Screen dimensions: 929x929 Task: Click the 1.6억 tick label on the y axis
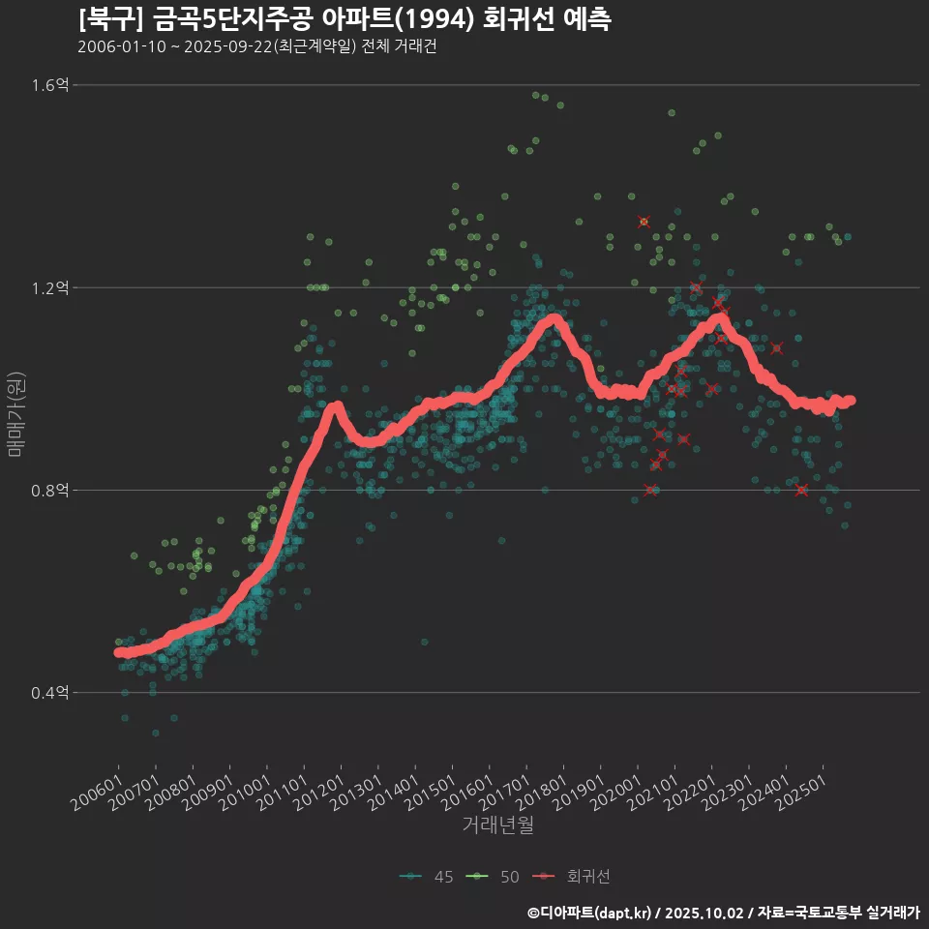click(50, 85)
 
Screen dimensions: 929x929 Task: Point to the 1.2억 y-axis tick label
click(50, 287)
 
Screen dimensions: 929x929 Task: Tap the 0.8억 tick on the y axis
click(50, 491)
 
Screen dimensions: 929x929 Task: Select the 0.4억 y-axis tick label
click(50, 693)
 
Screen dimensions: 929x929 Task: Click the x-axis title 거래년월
click(498, 824)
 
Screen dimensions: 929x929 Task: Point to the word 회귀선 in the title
click(518, 18)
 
